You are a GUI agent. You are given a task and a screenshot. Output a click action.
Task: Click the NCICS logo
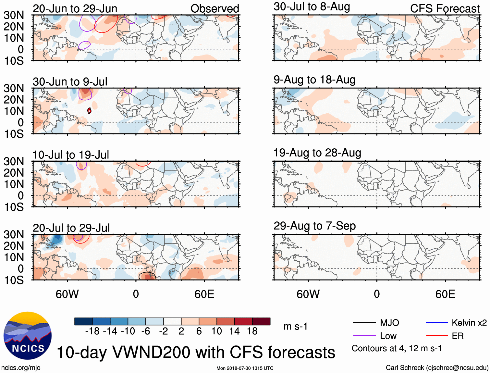pyautogui.click(x=27, y=336)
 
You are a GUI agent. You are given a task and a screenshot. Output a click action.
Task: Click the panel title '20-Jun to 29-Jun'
pyautogui.click(x=75, y=8)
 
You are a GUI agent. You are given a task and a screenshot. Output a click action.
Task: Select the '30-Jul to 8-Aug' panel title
pyautogui.click(x=312, y=6)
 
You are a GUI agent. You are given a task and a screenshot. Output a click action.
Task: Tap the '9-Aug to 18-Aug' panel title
pyautogui.click(x=314, y=80)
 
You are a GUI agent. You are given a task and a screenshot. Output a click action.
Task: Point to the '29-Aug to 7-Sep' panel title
pyautogui.click(x=314, y=226)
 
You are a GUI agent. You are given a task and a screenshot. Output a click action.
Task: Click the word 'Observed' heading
pyautogui.click(x=214, y=8)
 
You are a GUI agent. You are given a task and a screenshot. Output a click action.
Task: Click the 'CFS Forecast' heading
pyautogui.click(x=445, y=8)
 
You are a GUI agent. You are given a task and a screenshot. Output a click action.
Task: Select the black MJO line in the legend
pyautogui.click(x=364, y=323)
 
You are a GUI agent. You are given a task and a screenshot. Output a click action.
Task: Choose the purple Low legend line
pyautogui.click(x=364, y=336)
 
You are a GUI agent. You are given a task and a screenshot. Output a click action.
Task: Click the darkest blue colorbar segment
pyautogui.click(x=83, y=321)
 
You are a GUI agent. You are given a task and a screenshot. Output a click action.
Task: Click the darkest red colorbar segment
pyautogui.click(x=261, y=321)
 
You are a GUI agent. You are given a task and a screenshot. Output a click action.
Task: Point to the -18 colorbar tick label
pyautogui.click(x=92, y=331)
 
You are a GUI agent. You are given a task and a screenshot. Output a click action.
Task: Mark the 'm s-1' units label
pyautogui.click(x=295, y=326)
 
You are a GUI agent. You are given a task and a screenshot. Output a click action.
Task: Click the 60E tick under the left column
pyautogui.click(x=204, y=294)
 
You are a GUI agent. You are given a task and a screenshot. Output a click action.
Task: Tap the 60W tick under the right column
pyautogui.click(x=308, y=294)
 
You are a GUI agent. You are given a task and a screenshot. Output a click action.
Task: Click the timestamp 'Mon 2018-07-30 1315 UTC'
pyautogui.click(x=245, y=368)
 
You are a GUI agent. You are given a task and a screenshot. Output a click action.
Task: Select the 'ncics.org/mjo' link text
pyautogui.click(x=21, y=367)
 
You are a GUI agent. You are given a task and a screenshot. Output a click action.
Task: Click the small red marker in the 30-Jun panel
pyautogui.click(x=89, y=111)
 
